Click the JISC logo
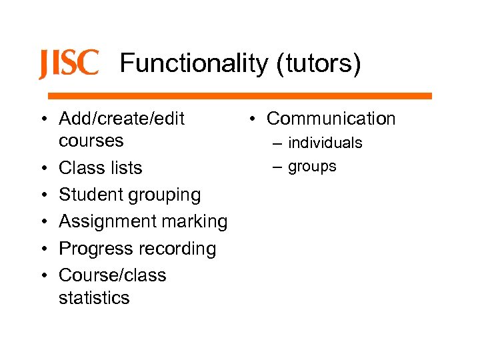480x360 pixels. point(69,64)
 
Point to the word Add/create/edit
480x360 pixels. point(122,119)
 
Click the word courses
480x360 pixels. point(91,141)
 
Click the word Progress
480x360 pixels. point(95,249)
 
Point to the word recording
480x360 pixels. point(177,249)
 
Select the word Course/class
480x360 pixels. point(113,275)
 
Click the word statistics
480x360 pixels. point(94,297)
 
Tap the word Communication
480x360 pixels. point(331,119)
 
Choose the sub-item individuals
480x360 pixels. point(325,143)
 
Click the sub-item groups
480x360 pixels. point(313,166)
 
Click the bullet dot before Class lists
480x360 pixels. point(43,168)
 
